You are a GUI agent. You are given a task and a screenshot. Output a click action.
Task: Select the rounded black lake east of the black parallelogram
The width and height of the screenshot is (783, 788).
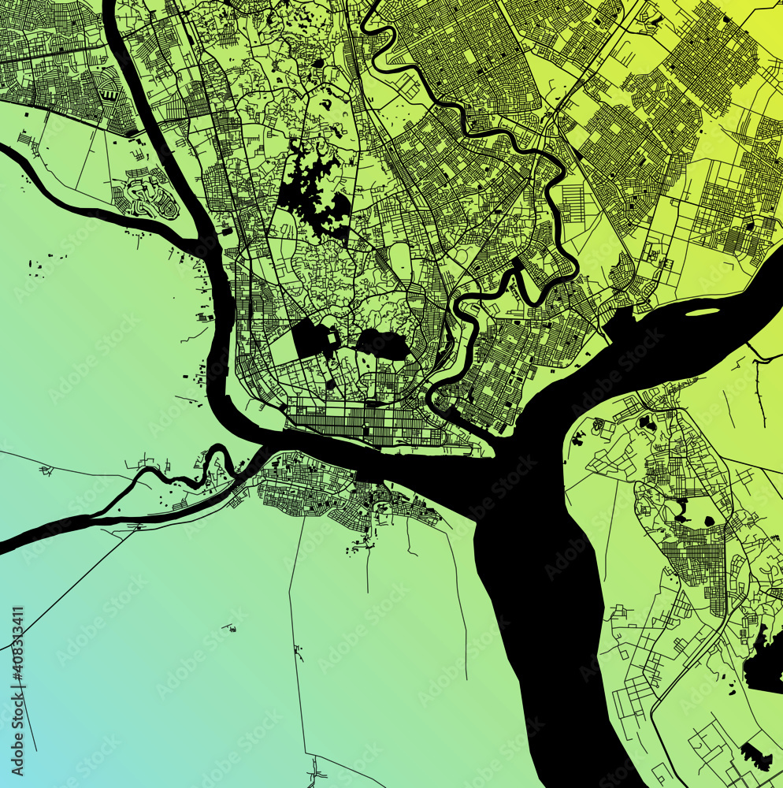coord(382,344)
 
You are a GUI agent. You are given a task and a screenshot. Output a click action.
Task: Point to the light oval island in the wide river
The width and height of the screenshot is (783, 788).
coord(703,312)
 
